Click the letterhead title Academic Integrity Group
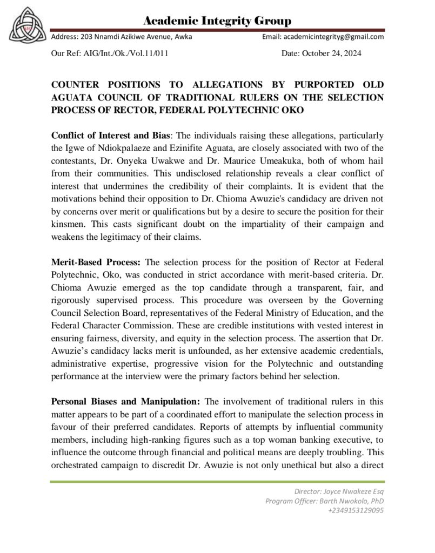217,21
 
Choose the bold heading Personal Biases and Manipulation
125,401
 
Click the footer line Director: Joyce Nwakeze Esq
339,491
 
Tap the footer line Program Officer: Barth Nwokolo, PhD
324,501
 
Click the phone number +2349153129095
356,510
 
